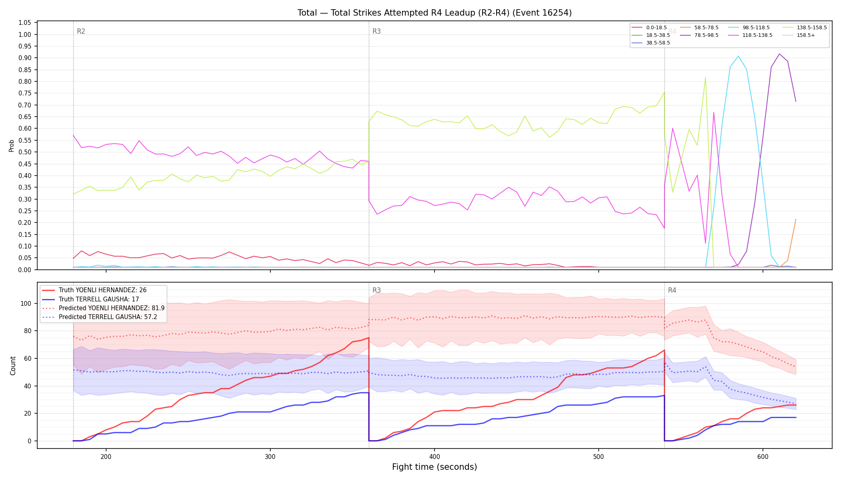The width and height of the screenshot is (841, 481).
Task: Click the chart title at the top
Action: click(x=435, y=13)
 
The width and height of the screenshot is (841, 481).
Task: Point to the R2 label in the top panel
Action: click(x=81, y=31)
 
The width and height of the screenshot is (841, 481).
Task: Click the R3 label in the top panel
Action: click(x=376, y=31)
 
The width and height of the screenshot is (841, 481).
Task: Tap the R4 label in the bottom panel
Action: click(x=672, y=290)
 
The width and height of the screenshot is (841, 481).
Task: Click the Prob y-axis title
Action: click(x=12, y=146)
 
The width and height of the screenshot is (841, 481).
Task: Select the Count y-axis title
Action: click(x=13, y=366)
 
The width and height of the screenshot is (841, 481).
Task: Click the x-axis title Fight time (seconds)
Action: click(x=435, y=467)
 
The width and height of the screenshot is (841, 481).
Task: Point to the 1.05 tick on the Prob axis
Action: click(x=25, y=23)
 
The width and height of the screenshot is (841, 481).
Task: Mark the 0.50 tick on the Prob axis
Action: click(x=25, y=152)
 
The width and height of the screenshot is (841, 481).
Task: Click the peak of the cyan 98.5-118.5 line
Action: click(x=738, y=56)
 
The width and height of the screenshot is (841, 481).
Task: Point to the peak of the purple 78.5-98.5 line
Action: click(x=779, y=54)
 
